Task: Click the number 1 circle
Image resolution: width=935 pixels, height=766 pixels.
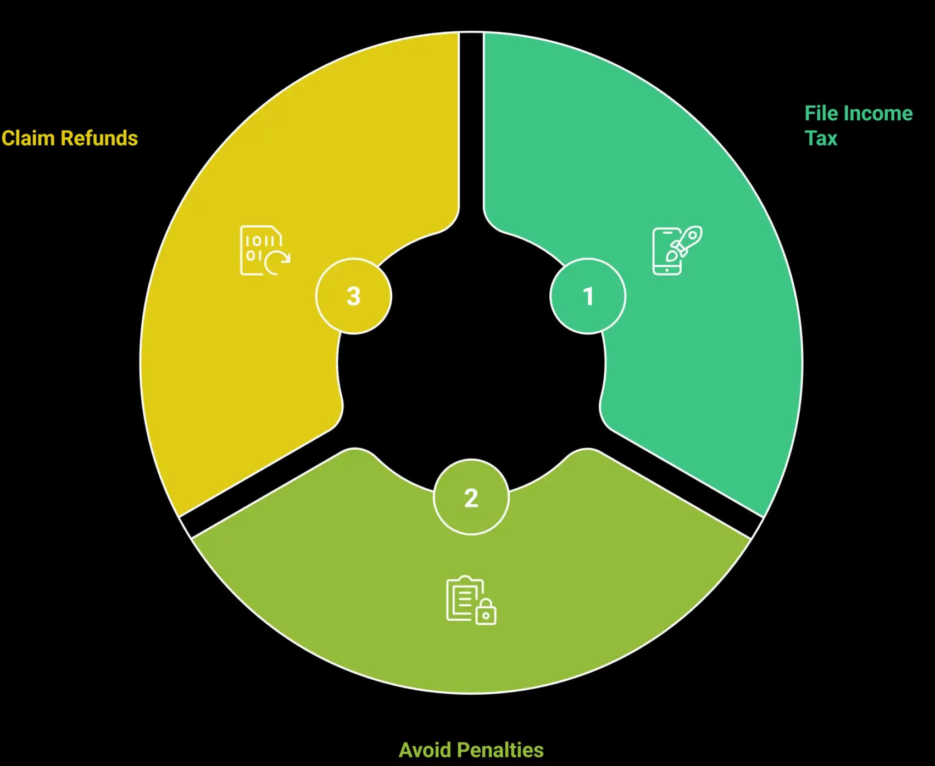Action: (x=588, y=296)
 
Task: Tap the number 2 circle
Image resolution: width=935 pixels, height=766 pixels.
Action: (x=471, y=497)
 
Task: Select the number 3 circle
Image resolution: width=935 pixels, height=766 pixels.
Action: (x=354, y=296)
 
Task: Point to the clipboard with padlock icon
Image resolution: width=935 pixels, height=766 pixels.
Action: (x=471, y=600)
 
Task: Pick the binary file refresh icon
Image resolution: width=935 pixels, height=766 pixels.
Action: (x=265, y=250)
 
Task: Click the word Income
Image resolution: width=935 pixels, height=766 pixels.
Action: (x=878, y=113)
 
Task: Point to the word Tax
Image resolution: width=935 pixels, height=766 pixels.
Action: (x=821, y=138)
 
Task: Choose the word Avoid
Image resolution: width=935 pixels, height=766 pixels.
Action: (x=425, y=750)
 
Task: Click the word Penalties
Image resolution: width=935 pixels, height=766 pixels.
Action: (x=500, y=750)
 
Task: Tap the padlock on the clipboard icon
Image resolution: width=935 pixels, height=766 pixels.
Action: (x=486, y=612)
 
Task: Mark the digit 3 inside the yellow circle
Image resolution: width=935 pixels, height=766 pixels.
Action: (x=354, y=296)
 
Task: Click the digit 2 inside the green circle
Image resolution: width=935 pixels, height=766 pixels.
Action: (x=471, y=497)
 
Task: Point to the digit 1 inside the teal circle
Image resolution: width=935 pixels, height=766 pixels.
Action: (x=588, y=296)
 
